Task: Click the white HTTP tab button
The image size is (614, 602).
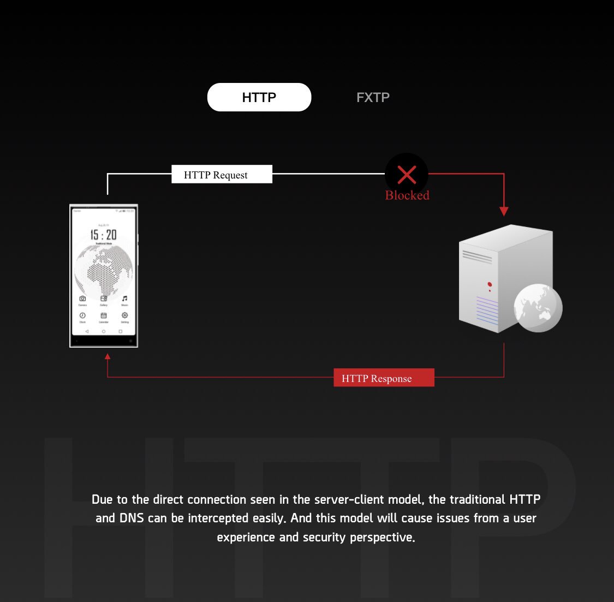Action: (x=259, y=97)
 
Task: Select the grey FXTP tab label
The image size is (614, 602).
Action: (x=373, y=98)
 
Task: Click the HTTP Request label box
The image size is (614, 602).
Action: (x=222, y=175)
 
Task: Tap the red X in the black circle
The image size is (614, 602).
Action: (x=407, y=175)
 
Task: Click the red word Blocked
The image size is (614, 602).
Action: (x=407, y=195)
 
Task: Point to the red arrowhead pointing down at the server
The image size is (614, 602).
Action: (x=504, y=211)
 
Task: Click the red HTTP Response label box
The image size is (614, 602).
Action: (x=384, y=378)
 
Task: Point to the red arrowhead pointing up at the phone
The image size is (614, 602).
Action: (x=108, y=356)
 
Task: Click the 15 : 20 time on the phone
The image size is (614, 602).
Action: (x=103, y=235)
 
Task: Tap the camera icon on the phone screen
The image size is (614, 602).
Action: (x=82, y=299)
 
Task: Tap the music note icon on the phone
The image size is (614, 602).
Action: (x=124, y=299)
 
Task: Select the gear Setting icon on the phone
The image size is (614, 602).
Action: (x=124, y=315)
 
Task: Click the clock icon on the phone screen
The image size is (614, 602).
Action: (x=82, y=315)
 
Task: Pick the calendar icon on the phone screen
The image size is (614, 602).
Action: (x=104, y=315)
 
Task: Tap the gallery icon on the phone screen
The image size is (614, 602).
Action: (x=104, y=299)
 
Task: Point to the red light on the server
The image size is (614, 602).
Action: (x=490, y=284)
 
